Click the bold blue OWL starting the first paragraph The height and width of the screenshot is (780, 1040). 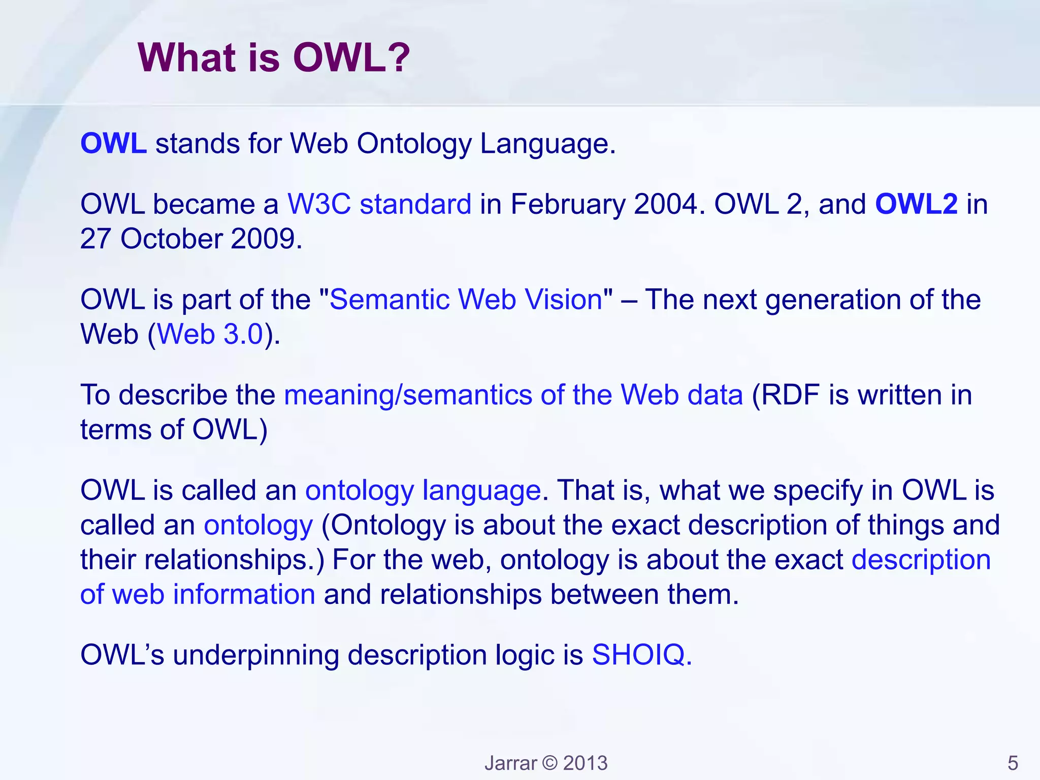pyautogui.click(x=114, y=144)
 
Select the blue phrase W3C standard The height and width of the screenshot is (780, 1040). pyautogui.click(x=379, y=204)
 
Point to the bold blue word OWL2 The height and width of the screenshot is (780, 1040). pyautogui.click(x=916, y=204)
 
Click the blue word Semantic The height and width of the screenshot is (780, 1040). pyautogui.click(x=389, y=299)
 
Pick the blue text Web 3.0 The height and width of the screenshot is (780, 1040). pyautogui.click(x=210, y=334)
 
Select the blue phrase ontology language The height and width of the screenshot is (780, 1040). pyautogui.click(x=422, y=491)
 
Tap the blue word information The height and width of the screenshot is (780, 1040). pyautogui.click(x=244, y=594)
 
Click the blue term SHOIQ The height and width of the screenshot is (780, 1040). pyautogui.click(x=638, y=655)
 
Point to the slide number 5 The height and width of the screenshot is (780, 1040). pyautogui.click(x=1013, y=763)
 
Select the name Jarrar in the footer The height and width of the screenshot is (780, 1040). pyautogui.click(x=510, y=763)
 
